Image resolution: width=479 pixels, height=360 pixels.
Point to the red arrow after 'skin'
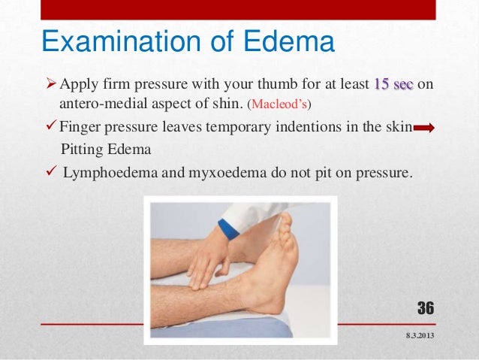tap(424, 129)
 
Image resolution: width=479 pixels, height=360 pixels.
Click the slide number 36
tap(425, 308)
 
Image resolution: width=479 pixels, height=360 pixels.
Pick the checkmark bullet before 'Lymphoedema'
tap(48, 172)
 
